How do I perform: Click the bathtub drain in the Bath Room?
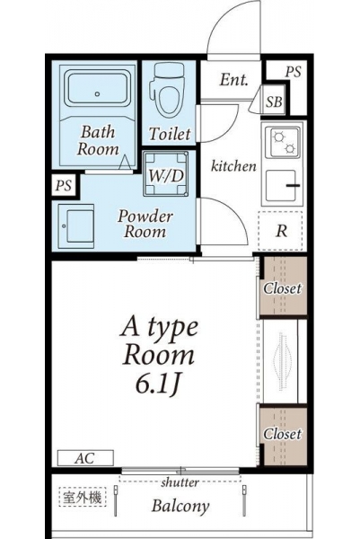coord(98,93)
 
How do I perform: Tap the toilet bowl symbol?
coord(169,91)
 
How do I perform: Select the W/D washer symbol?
coord(166,174)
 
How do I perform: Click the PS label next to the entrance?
coord(293,72)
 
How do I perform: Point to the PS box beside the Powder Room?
coord(64,186)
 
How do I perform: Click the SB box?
coord(274,101)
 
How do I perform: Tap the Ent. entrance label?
coord(233,80)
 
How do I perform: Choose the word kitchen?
coord(233,166)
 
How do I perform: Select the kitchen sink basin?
coord(282,186)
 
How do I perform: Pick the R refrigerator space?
coord(280,231)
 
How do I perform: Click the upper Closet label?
coord(283,288)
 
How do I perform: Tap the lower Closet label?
coord(283,434)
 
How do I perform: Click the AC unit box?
coord(85,458)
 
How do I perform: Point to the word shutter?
coord(180,482)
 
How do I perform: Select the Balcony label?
coord(180,506)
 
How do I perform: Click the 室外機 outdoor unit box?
coord(82,497)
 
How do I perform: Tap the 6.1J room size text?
coord(158,384)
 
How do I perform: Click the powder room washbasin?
coord(76,226)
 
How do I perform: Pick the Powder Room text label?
coord(145,224)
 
